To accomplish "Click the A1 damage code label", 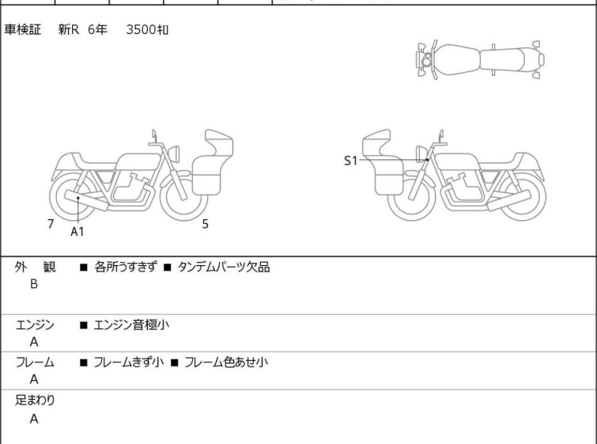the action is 77,231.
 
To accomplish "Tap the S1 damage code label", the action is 350,161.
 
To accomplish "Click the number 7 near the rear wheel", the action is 51,224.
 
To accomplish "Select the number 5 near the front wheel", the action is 206,224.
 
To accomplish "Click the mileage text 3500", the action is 141,29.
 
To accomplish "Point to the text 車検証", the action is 22,29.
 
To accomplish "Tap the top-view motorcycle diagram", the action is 481,59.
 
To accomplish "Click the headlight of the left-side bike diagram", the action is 175,154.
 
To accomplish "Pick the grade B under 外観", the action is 34,284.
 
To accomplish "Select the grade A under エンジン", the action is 34,342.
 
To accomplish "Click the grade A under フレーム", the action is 34,379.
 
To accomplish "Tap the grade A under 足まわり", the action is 34,419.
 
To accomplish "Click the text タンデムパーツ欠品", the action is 224,268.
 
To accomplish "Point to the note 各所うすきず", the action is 125,267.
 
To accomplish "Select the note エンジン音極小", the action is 131,324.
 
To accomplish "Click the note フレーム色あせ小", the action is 226,362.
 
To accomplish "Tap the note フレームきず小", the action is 129,362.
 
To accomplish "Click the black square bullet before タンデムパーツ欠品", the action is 167,268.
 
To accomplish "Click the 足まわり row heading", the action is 35,400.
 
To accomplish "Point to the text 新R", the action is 69,29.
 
